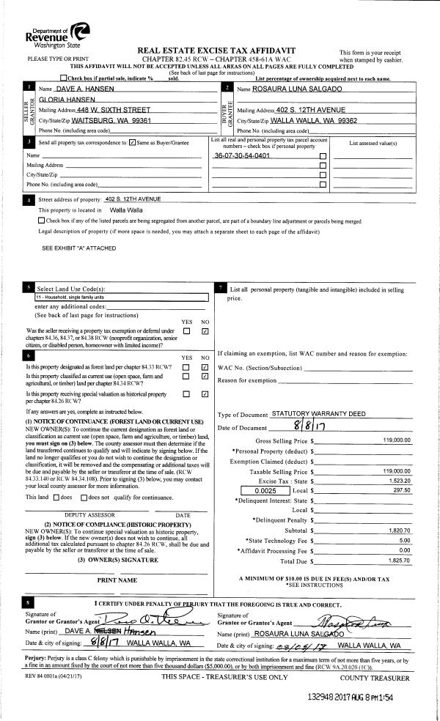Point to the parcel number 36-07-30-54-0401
pos(241,156)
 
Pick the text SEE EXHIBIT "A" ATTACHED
pos(78,248)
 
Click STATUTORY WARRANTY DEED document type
pos(318,414)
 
